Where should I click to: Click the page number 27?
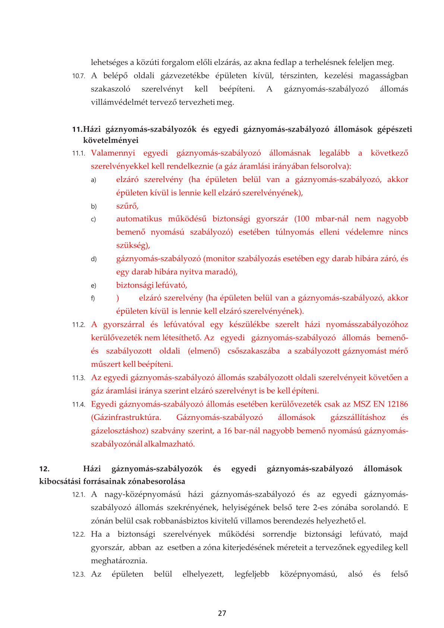click(222, 613)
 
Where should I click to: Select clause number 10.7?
click(78, 76)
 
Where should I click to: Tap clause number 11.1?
click(78, 153)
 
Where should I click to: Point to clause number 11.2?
click(78, 325)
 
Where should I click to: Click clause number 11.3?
click(78, 378)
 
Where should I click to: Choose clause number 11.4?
click(78, 405)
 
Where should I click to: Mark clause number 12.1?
click(78, 495)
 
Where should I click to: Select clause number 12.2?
click(78, 535)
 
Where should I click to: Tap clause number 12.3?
click(78, 575)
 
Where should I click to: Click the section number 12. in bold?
click(44, 469)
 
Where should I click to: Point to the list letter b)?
click(94, 207)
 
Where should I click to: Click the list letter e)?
click(94, 286)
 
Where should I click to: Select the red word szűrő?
click(127, 206)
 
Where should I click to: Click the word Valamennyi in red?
click(113, 153)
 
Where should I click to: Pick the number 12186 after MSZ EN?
click(397, 404)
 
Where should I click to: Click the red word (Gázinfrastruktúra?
click(126, 417)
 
